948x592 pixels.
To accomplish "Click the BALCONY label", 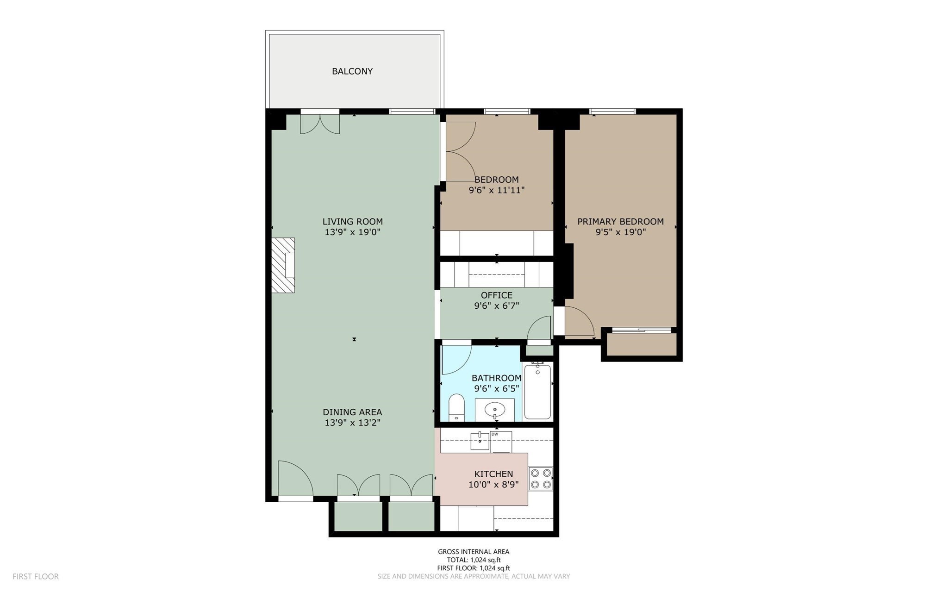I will click(352, 71).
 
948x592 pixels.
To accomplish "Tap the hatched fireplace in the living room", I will click(283, 265).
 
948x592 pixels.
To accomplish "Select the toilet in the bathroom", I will click(456, 407).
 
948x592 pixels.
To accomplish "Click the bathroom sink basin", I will click(495, 410).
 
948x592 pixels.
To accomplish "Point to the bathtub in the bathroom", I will click(537, 392).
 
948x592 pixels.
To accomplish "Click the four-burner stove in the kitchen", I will click(541, 479).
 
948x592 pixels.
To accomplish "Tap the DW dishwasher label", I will click(495, 434).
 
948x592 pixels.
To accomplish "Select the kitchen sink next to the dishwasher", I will click(480, 441).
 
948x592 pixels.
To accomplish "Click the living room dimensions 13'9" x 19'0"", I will click(352, 232).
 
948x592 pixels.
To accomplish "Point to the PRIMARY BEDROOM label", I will click(620, 222).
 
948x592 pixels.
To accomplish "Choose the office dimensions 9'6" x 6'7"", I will click(496, 306).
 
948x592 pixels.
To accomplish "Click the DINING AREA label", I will click(352, 412).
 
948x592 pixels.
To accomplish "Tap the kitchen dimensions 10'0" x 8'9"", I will click(493, 485).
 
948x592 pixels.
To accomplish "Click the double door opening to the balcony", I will click(320, 123).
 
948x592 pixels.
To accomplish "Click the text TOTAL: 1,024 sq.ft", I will click(474, 560).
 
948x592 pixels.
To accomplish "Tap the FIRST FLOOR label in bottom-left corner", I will click(36, 576).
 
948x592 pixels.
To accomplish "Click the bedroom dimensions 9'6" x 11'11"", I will click(496, 190).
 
